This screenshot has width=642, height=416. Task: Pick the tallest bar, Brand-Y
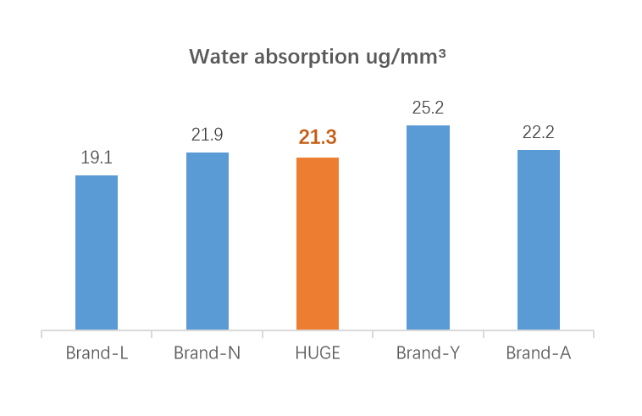pyautogui.click(x=428, y=228)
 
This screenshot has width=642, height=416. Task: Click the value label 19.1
pyautogui.click(x=97, y=158)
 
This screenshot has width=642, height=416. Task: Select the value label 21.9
pyautogui.click(x=208, y=135)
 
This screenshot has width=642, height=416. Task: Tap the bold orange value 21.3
pyautogui.click(x=318, y=138)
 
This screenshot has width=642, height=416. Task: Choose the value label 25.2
pyautogui.click(x=428, y=108)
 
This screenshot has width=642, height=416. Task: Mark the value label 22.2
pyautogui.click(x=539, y=132)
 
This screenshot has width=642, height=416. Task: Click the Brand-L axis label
pyautogui.click(x=97, y=353)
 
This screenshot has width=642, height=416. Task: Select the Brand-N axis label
pyautogui.click(x=208, y=353)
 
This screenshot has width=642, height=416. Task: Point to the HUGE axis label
pyautogui.click(x=318, y=353)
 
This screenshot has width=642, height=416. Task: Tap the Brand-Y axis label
pyautogui.click(x=428, y=353)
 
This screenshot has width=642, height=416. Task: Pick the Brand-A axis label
pyautogui.click(x=539, y=353)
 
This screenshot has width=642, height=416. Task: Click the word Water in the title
pyautogui.click(x=214, y=57)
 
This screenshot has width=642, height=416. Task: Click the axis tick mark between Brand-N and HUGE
pyautogui.click(x=263, y=334)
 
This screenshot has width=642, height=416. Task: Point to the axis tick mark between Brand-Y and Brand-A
pyautogui.click(x=484, y=334)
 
